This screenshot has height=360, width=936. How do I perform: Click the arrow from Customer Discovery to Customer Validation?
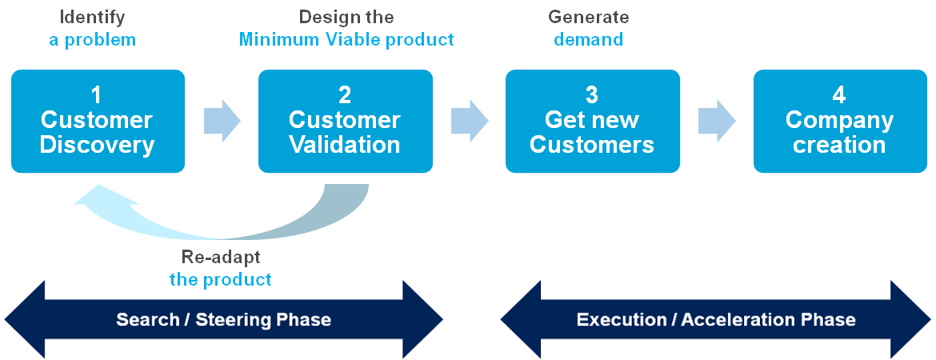[x=222, y=122]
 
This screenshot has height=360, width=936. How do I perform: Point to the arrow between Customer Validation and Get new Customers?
[x=470, y=122]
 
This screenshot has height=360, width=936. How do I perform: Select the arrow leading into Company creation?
[x=717, y=122]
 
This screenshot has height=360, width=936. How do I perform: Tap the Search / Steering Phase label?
[x=223, y=320]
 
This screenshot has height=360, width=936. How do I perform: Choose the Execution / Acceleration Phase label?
[x=716, y=320]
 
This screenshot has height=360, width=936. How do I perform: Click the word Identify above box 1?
[x=92, y=17]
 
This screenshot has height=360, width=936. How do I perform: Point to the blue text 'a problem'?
[x=92, y=39]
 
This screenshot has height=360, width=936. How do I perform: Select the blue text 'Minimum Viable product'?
[x=346, y=39]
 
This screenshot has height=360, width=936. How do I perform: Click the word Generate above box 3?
[x=588, y=17]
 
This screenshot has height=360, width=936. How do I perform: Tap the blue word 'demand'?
[x=588, y=39]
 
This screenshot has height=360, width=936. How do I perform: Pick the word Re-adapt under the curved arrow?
[x=220, y=258]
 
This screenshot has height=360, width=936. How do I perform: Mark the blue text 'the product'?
[x=220, y=280]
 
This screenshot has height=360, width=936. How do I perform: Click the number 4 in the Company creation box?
[x=838, y=95]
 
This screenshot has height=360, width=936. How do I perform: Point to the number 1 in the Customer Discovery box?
[x=97, y=95]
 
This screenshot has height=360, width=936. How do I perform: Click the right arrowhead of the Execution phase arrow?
[x=913, y=320]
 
